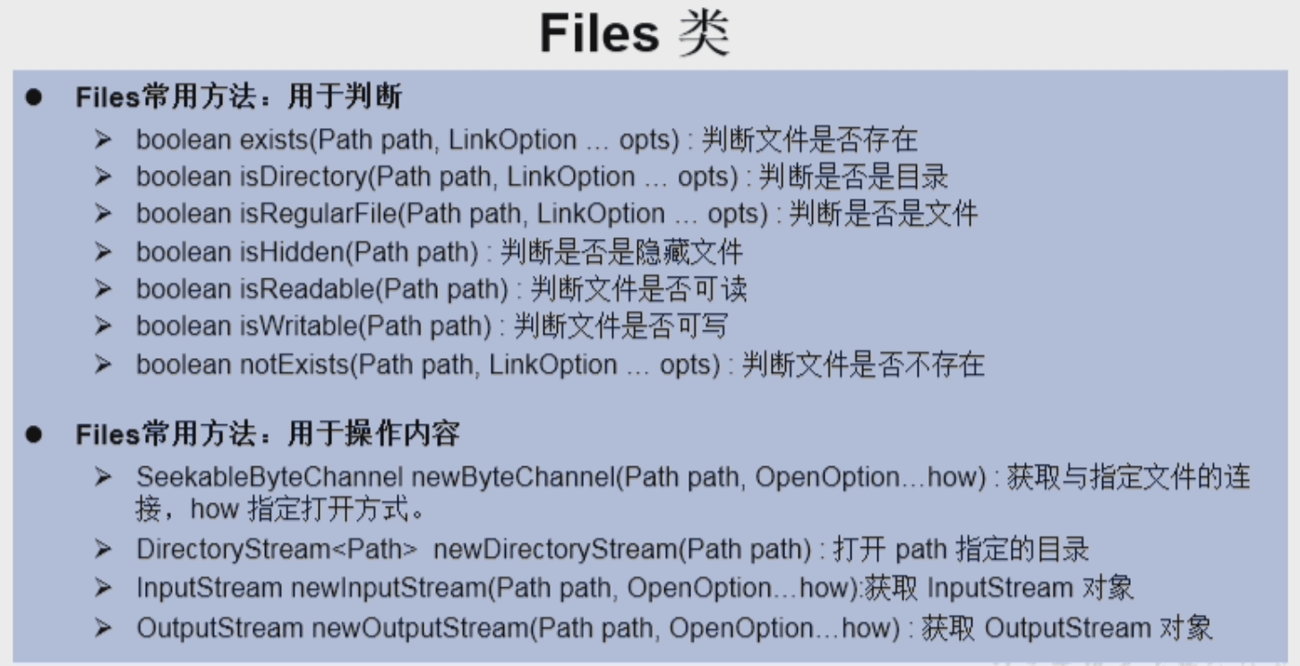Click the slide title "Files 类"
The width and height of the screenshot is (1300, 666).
click(634, 35)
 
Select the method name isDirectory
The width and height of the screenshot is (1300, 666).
click(303, 177)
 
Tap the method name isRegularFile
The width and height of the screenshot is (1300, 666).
click(318, 214)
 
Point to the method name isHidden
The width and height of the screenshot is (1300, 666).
click(291, 252)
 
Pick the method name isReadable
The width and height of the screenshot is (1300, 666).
click(306, 289)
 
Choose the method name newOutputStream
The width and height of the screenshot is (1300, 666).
click(419, 628)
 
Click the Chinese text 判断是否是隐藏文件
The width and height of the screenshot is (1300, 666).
click(620, 252)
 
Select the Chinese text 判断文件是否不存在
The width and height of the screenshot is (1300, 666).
click(863, 364)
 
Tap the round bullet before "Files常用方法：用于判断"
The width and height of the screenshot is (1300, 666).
click(34, 98)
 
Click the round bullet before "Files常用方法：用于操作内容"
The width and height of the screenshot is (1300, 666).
click(34, 435)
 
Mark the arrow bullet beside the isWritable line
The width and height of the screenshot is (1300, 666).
click(104, 327)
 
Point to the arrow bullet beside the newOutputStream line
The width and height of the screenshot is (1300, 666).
click(104, 628)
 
